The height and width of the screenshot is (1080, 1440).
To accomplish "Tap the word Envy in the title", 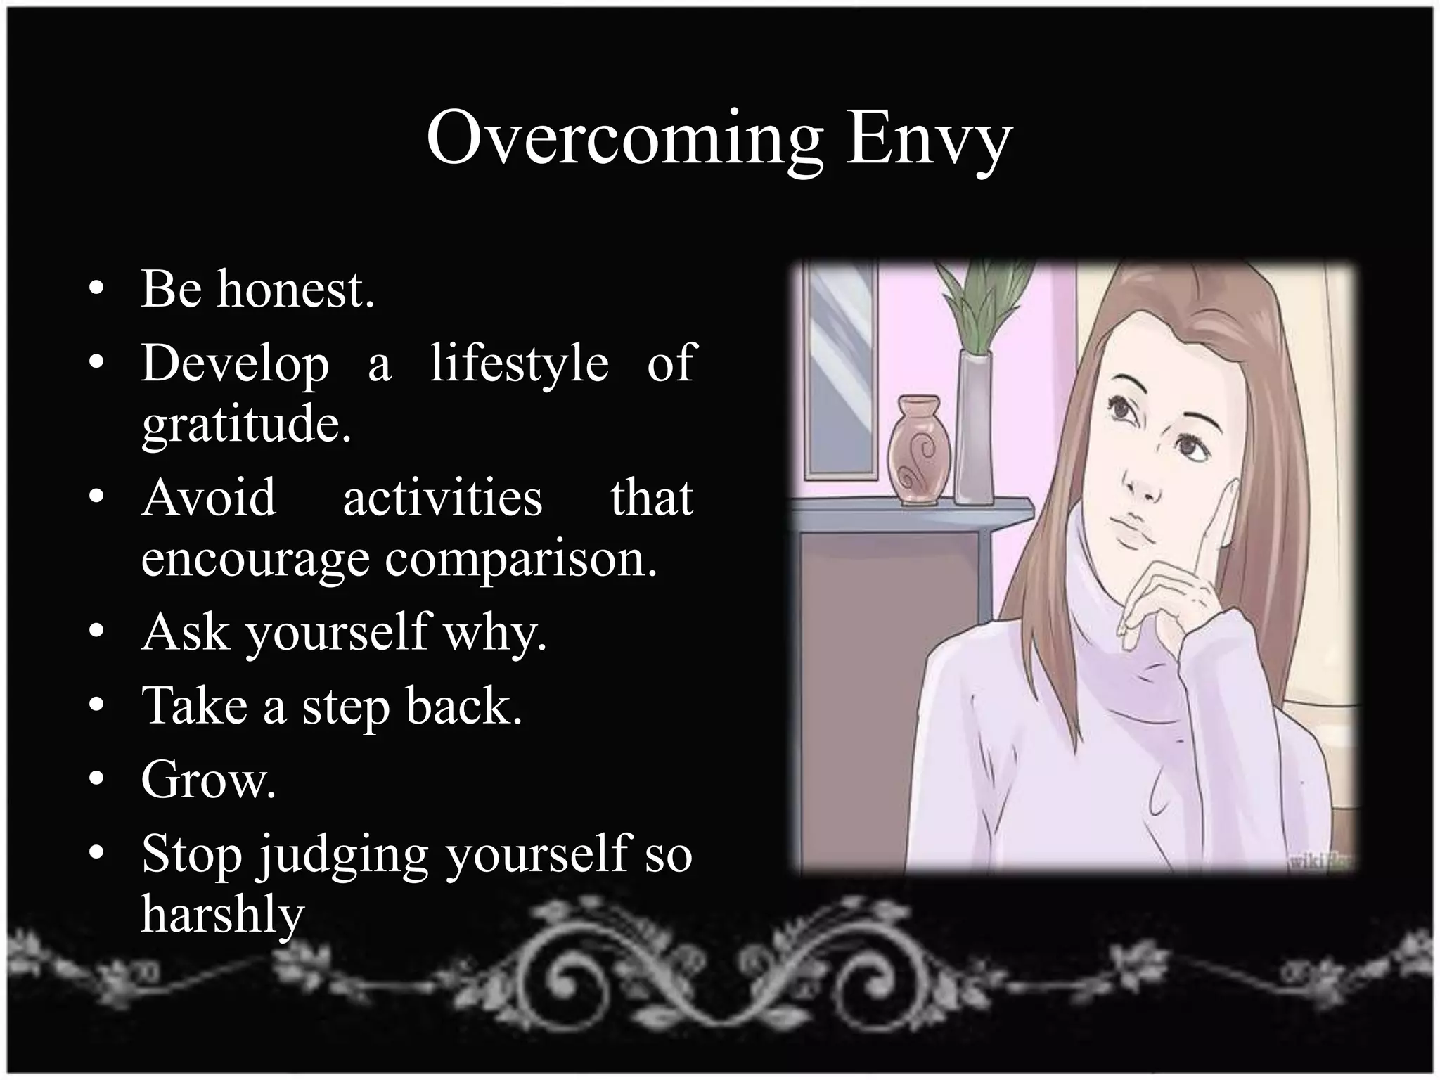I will coord(928,139).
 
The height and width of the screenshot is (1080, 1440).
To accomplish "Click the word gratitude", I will coord(246,425).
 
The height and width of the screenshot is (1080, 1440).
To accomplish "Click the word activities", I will coord(442,497).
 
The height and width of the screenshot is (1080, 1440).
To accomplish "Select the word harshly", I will coord(223,915).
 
